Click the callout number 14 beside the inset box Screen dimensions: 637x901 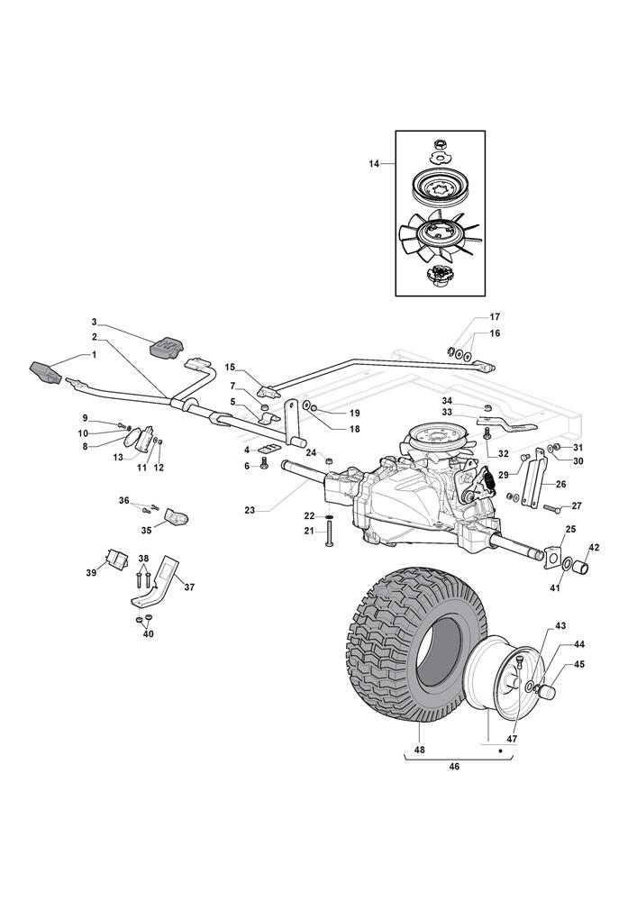pos(374,164)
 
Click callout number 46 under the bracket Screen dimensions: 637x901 pos(454,767)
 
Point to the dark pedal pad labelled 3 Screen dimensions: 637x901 pos(167,347)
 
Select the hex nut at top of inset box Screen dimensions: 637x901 pos(440,142)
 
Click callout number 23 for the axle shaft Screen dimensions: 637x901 pos(250,509)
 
